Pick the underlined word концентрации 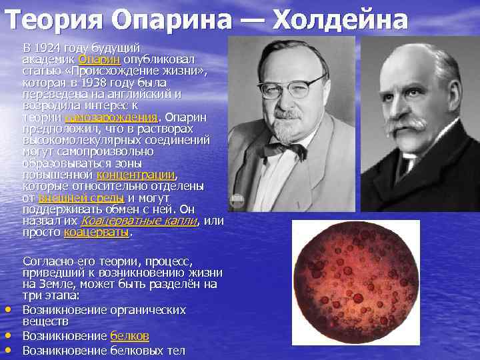(x=136, y=175)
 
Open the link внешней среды (x=81, y=198)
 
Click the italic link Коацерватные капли (x=139, y=221)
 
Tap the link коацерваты (x=97, y=233)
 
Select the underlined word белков (x=129, y=335)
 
